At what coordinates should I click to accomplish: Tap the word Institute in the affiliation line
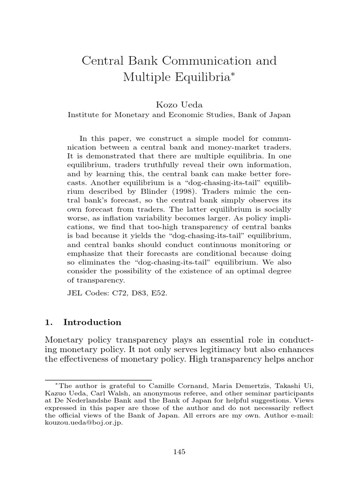(83, 114)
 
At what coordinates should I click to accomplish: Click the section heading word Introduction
(92, 322)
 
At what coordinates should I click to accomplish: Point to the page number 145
(180, 452)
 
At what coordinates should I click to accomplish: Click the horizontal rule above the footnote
(98, 379)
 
